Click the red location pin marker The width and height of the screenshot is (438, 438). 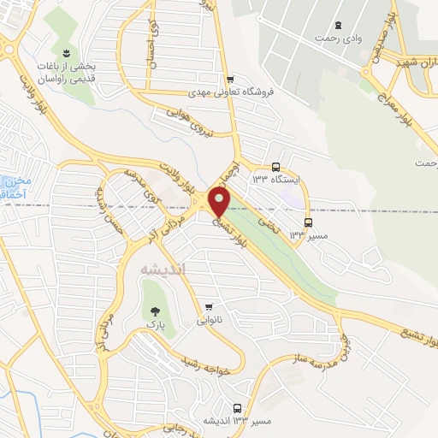coord(219,202)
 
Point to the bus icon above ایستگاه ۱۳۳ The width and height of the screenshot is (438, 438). coord(275,168)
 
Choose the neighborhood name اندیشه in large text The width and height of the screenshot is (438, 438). coord(160,269)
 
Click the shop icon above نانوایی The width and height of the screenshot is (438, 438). coord(209,306)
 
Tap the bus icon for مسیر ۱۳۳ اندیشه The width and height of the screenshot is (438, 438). coord(237,409)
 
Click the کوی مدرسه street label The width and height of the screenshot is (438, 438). coord(142,182)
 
